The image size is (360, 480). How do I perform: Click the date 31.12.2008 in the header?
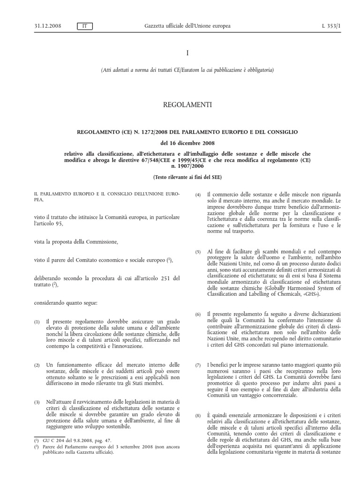pos(31,26)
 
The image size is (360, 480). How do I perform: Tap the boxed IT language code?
pos(84,26)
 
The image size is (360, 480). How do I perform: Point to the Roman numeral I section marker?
pos(180,53)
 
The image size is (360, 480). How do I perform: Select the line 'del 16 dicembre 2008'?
pos(180,143)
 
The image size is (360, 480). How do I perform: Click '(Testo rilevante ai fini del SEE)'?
pos(180,177)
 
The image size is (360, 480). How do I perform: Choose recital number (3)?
pos(37,402)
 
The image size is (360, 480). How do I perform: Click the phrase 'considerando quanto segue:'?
pos(66,303)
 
